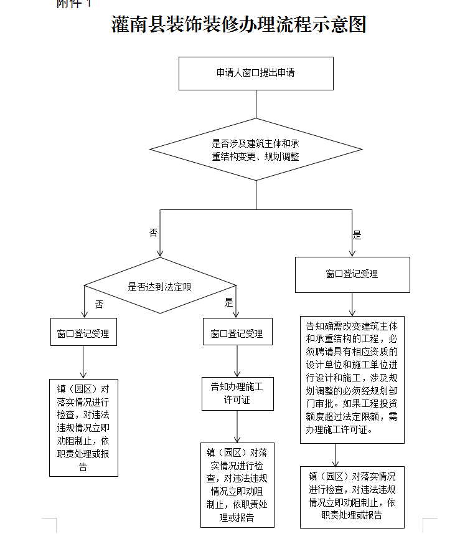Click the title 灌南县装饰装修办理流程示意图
point(238,26)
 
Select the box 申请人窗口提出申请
point(255,73)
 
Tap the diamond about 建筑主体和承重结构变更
point(255,150)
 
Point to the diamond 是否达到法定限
point(160,287)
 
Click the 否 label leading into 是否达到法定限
point(153,232)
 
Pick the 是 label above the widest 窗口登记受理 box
point(357,235)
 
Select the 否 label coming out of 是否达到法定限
point(99,304)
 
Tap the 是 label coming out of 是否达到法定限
point(228,303)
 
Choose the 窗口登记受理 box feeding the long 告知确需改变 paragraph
point(352,274)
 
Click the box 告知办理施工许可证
point(237,393)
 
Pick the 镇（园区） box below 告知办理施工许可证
point(237,485)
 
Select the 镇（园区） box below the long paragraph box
point(352,496)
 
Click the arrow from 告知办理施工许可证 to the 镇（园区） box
point(237,426)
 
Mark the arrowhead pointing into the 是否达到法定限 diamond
point(160,252)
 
